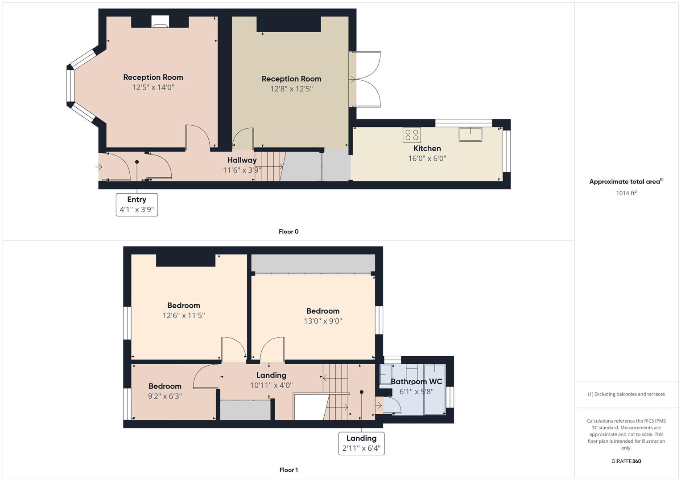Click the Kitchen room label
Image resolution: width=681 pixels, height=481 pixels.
click(x=427, y=148)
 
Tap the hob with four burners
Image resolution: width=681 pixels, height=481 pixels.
click(x=412, y=135)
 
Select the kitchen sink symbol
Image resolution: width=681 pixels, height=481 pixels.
click(x=471, y=134)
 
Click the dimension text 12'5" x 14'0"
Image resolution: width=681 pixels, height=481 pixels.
click(x=153, y=87)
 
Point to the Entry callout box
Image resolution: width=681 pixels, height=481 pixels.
click(x=137, y=205)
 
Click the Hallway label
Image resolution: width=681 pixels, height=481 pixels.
click(x=242, y=160)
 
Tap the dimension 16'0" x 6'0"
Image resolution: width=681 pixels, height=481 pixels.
click(x=427, y=158)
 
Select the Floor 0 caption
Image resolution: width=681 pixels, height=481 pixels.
click(x=289, y=232)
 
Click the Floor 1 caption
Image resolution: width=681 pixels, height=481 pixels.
click(x=289, y=470)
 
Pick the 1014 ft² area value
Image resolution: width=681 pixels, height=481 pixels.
click(x=626, y=193)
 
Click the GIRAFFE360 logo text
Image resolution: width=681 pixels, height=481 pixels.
click(x=626, y=461)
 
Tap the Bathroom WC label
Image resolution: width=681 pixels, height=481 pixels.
click(x=416, y=382)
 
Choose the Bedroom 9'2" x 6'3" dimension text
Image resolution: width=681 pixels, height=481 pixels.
click(x=165, y=396)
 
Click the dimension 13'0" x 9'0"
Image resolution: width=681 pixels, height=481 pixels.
click(x=323, y=321)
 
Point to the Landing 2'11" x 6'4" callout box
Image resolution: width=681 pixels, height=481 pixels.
click(x=362, y=443)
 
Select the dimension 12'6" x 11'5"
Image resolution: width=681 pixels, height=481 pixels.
click(x=184, y=315)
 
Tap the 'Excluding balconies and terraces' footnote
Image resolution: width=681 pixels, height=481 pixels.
click(x=626, y=394)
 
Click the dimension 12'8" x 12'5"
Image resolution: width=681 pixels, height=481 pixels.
click(x=292, y=89)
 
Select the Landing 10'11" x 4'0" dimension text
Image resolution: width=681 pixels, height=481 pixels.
click(x=271, y=385)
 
